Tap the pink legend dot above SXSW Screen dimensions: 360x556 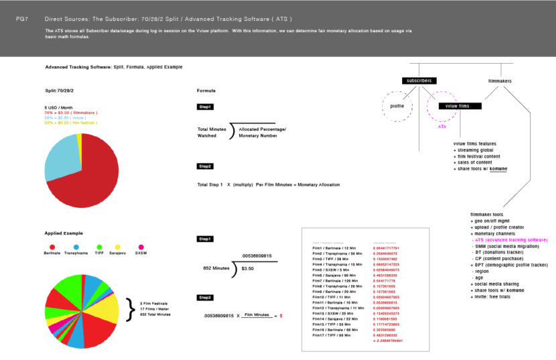140,247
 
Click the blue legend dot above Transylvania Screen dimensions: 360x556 76,247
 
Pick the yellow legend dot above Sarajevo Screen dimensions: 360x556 119,247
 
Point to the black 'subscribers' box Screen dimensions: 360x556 419,80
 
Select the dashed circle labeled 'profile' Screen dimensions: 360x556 397,106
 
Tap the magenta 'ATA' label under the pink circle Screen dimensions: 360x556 442,126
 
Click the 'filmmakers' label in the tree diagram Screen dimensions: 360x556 500,81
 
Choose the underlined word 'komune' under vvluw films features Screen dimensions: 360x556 498,169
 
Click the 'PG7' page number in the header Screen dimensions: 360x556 21,19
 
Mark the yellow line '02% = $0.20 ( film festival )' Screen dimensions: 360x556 71,123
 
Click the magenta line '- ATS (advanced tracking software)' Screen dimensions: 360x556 510,239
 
